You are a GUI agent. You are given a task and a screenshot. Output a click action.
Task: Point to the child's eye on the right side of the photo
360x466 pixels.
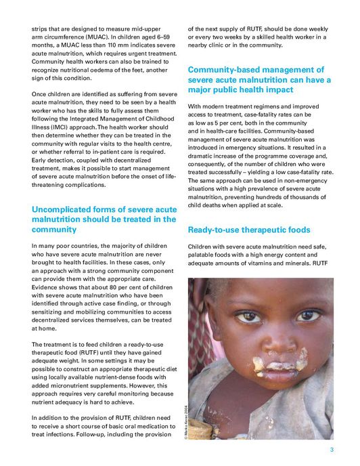(x=309, y=315)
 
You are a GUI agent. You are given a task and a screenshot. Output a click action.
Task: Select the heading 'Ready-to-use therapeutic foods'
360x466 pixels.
(x=249, y=230)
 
